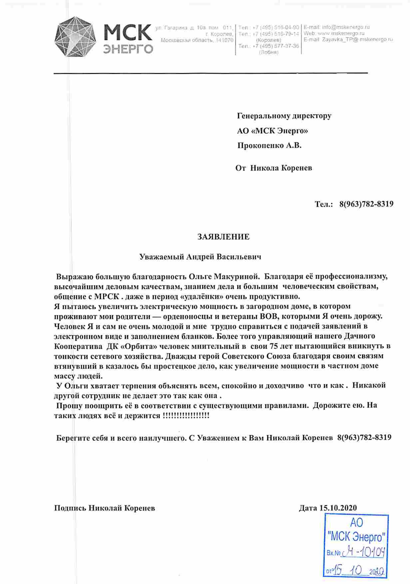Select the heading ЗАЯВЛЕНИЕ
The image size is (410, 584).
click(x=223, y=237)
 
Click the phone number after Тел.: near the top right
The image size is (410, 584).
click(x=366, y=204)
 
